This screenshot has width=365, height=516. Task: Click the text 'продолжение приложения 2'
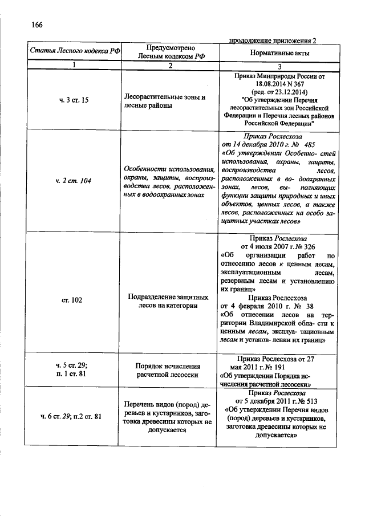(x=272, y=40)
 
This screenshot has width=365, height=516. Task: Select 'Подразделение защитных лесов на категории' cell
(x=167, y=300)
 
